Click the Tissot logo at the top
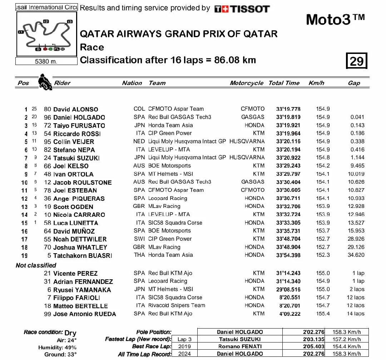pos(242,9)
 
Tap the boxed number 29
pos(356,61)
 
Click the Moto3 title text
pos(335,20)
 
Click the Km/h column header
pos(316,83)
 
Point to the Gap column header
pos(354,83)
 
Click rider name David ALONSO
pos(75,109)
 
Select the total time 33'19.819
pos(288,117)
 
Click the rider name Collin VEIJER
pos(74,142)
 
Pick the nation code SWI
pos(139,239)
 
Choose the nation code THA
pos(139,255)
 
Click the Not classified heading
pos(36,265)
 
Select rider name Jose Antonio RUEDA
pos(84,314)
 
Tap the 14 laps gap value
pos(355,314)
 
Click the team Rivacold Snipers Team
pos(177,305)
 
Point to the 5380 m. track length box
pos(46,61)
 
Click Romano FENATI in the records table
pos(239,346)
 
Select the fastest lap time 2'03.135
pos(313,339)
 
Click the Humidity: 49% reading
pos(57,347)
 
